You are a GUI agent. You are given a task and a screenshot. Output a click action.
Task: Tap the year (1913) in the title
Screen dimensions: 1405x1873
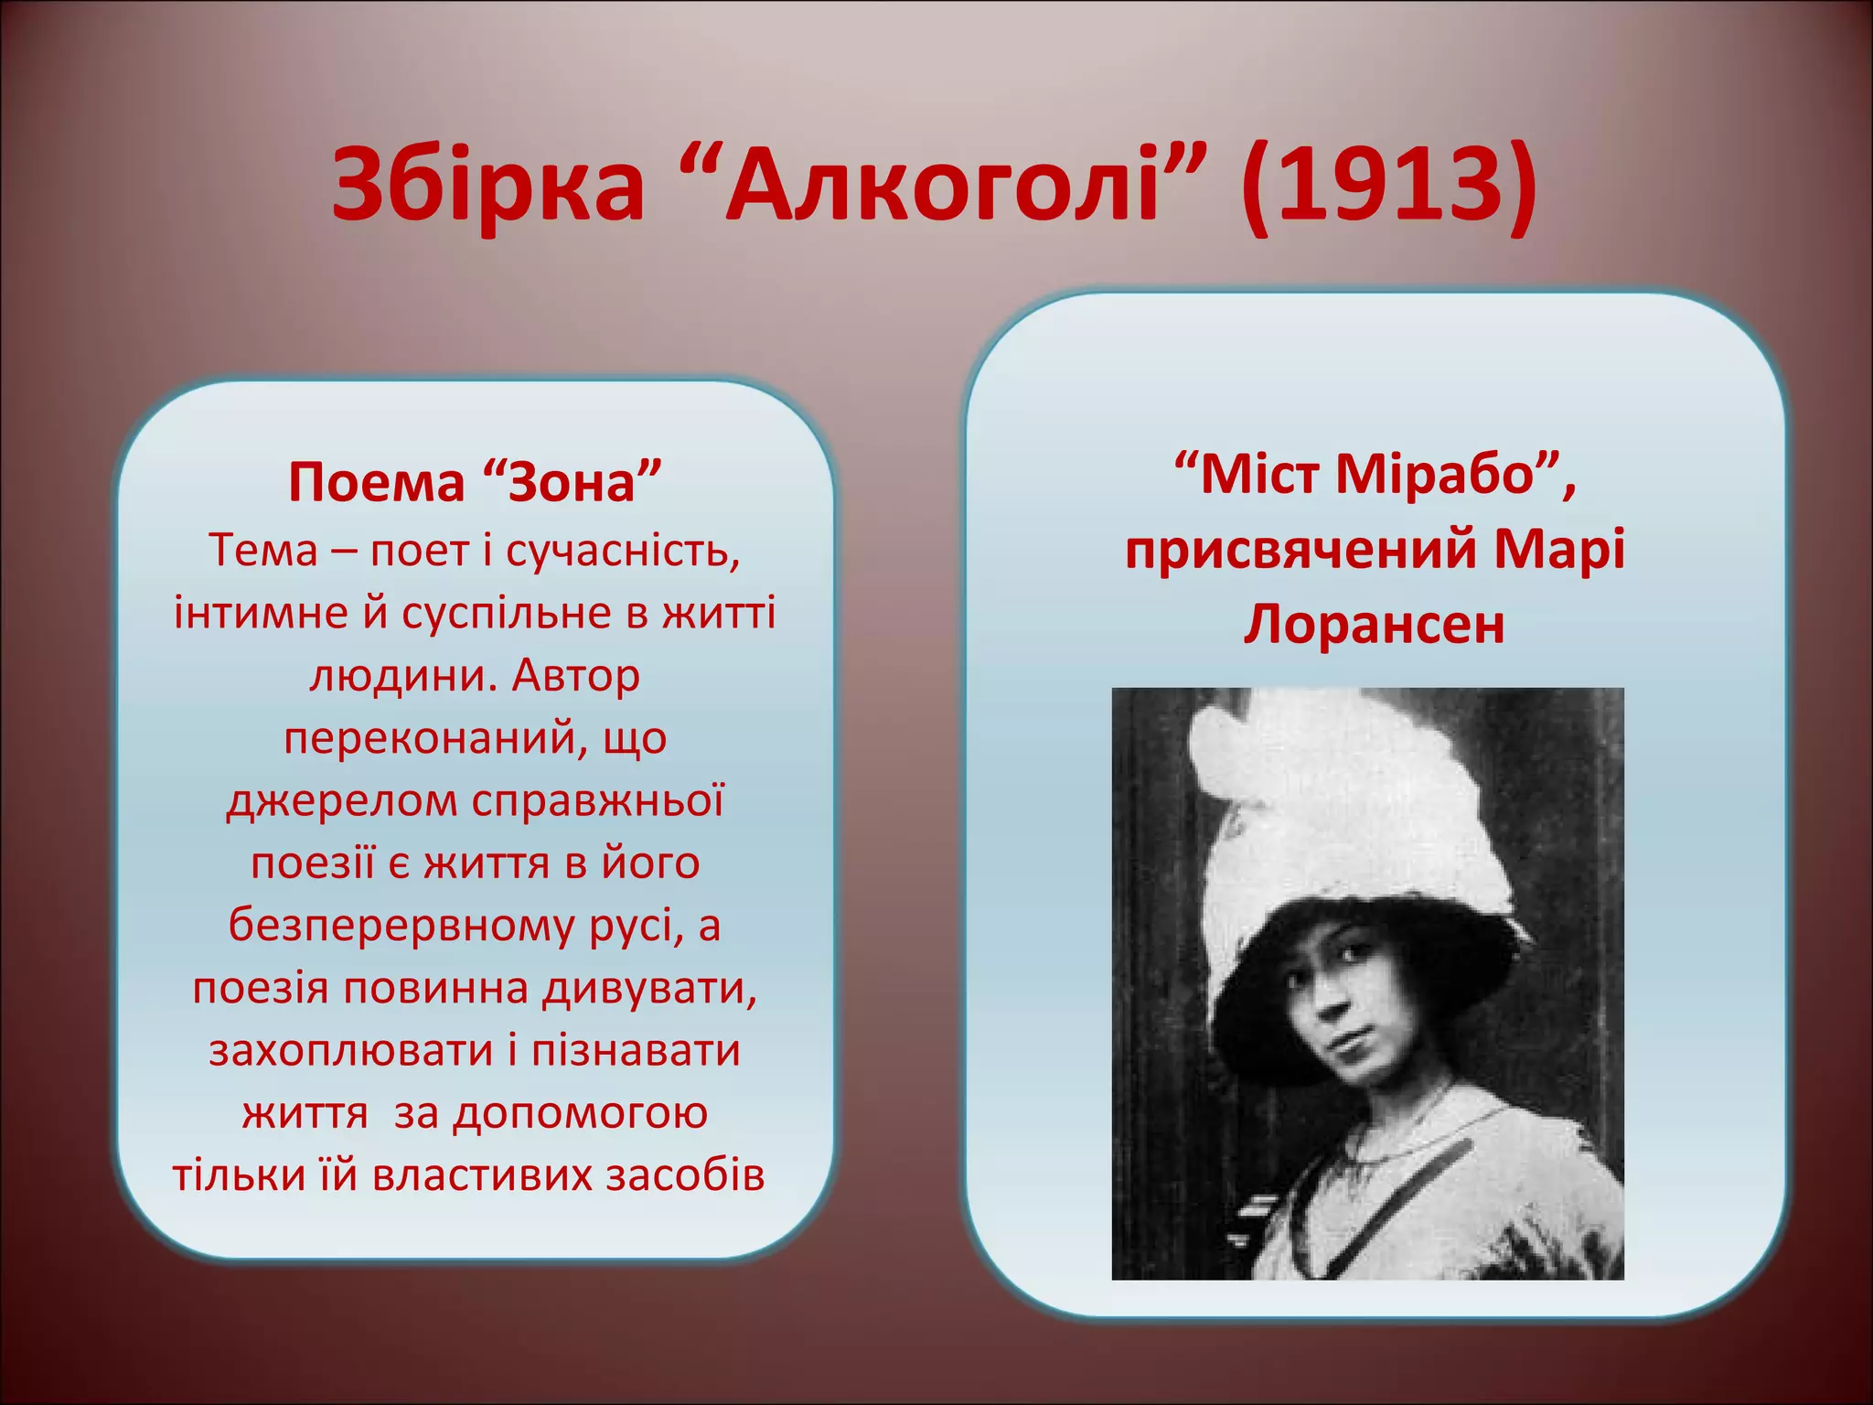pyautogui.click(x=1386, y=188)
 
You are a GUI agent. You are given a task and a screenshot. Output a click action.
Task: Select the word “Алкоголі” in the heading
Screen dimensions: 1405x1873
pyautogui.click(x=942, y=188)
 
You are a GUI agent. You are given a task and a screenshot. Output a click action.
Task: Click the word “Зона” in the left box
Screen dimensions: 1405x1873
pyautogui.click(x=572, y=482)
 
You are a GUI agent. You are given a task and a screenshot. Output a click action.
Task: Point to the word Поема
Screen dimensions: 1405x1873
pyautogui.click(x=376, y=482)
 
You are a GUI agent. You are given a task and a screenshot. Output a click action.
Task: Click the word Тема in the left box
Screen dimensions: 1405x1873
pyautogui.click(x=263, y=550)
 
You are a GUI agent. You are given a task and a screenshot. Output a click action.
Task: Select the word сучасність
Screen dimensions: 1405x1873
pyautogui.click(x=622, y=550)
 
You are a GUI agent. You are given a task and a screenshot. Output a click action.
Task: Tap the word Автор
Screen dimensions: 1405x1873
pyautogui.click(x=575, y=675)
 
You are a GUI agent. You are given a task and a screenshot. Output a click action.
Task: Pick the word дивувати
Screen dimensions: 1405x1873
pyautogui.click(x=649, y=988)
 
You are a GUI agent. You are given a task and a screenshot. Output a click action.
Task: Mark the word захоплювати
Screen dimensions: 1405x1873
pyautogui.click(x=353, y=1050)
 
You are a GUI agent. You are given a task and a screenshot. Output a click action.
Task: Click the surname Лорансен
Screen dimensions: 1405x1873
pyautogui.click(x=1374, y=626)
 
